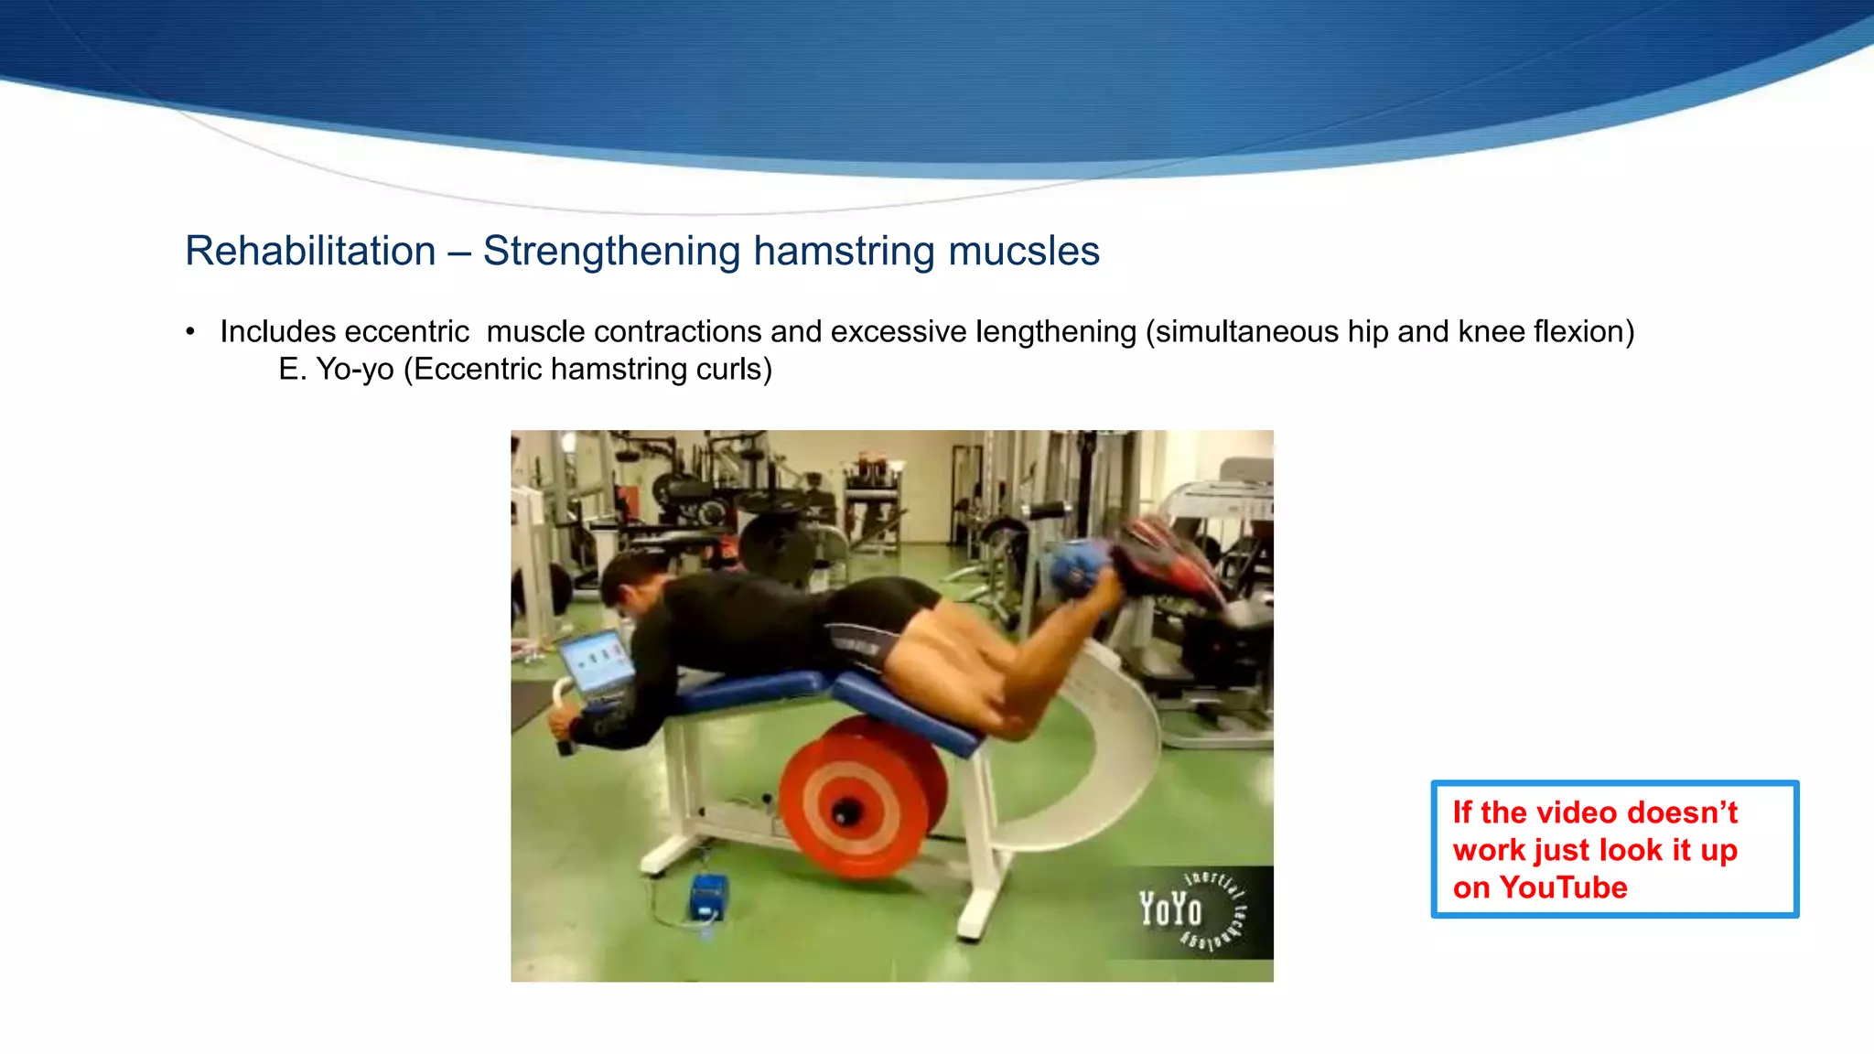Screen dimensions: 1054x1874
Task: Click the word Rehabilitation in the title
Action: click(310, 252)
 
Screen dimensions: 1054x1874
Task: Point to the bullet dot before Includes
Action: click(190, 331)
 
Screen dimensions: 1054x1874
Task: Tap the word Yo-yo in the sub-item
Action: click(355, 370)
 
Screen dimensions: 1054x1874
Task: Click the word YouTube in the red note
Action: click(1563, 887)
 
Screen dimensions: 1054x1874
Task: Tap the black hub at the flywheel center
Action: click(845, 811)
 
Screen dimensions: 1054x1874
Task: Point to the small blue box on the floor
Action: click(708, 897)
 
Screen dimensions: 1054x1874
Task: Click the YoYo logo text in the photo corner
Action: click(1170, 909)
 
